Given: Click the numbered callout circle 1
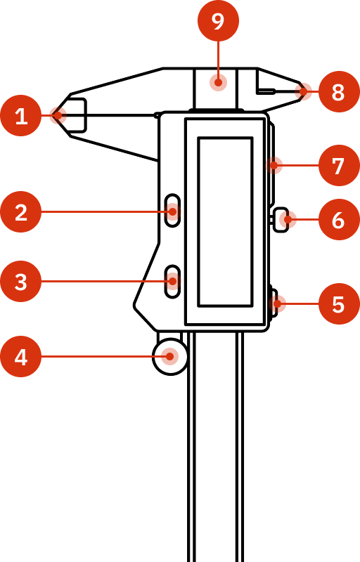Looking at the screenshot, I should point(21,115).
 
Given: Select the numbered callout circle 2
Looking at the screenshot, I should point(21,211).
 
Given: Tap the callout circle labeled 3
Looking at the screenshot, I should point(21,282).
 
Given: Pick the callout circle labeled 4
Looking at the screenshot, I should point(21,357).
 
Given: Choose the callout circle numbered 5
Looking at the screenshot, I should point(338,304).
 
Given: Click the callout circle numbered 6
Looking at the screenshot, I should point(338,220).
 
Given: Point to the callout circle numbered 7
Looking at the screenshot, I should point(338,166).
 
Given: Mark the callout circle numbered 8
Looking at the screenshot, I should point(338,92).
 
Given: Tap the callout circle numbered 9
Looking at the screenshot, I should point(218,21).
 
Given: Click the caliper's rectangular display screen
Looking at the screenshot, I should point(225,221).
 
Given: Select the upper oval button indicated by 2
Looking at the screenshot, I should point(172,211).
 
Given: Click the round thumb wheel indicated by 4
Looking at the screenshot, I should point(170,357).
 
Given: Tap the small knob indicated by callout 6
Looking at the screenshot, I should point(281,220).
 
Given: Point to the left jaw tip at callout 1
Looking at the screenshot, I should point(58,115).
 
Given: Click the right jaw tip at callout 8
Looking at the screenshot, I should point(304,91).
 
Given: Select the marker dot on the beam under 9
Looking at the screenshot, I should point(218,82).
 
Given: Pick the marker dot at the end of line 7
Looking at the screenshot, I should point(275,166).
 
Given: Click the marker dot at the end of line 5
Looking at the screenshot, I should point(279,304).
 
